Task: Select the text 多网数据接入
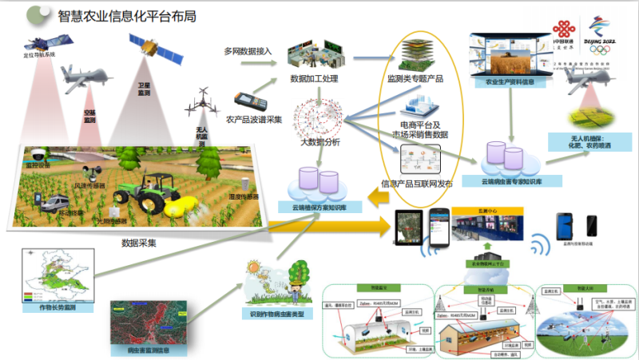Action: coord(248,51)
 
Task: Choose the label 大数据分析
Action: coord(319,142)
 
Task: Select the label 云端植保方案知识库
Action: coord(319,206)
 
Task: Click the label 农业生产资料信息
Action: coord(509,81)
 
